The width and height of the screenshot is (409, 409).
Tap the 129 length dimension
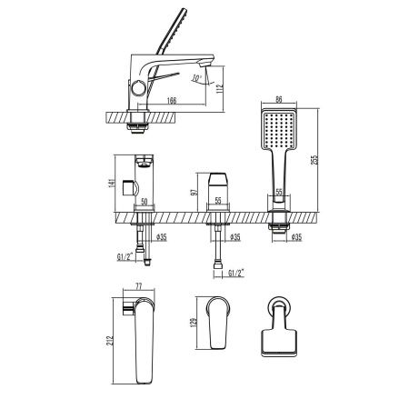pos(195,324)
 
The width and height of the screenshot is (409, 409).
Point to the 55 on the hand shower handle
pos(280,193)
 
